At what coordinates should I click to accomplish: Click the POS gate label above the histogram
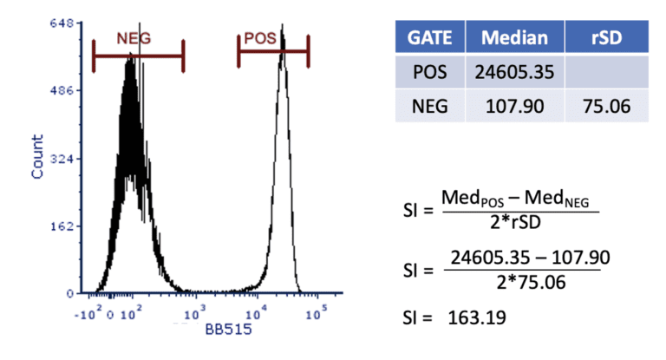click(259, 38)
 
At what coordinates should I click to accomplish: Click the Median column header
click(514, 38)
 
